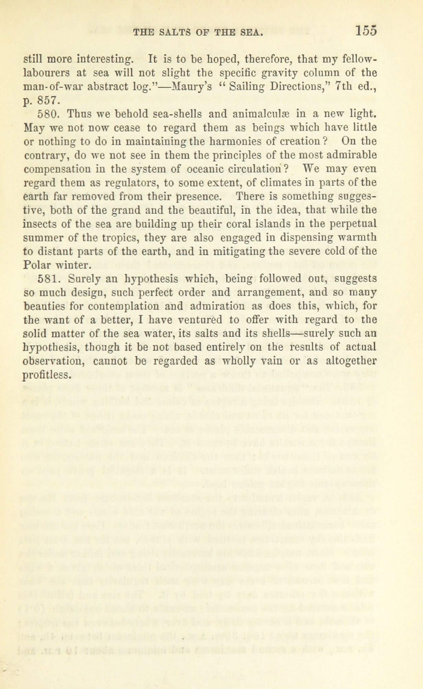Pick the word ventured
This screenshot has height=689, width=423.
(x=201, y=320)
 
